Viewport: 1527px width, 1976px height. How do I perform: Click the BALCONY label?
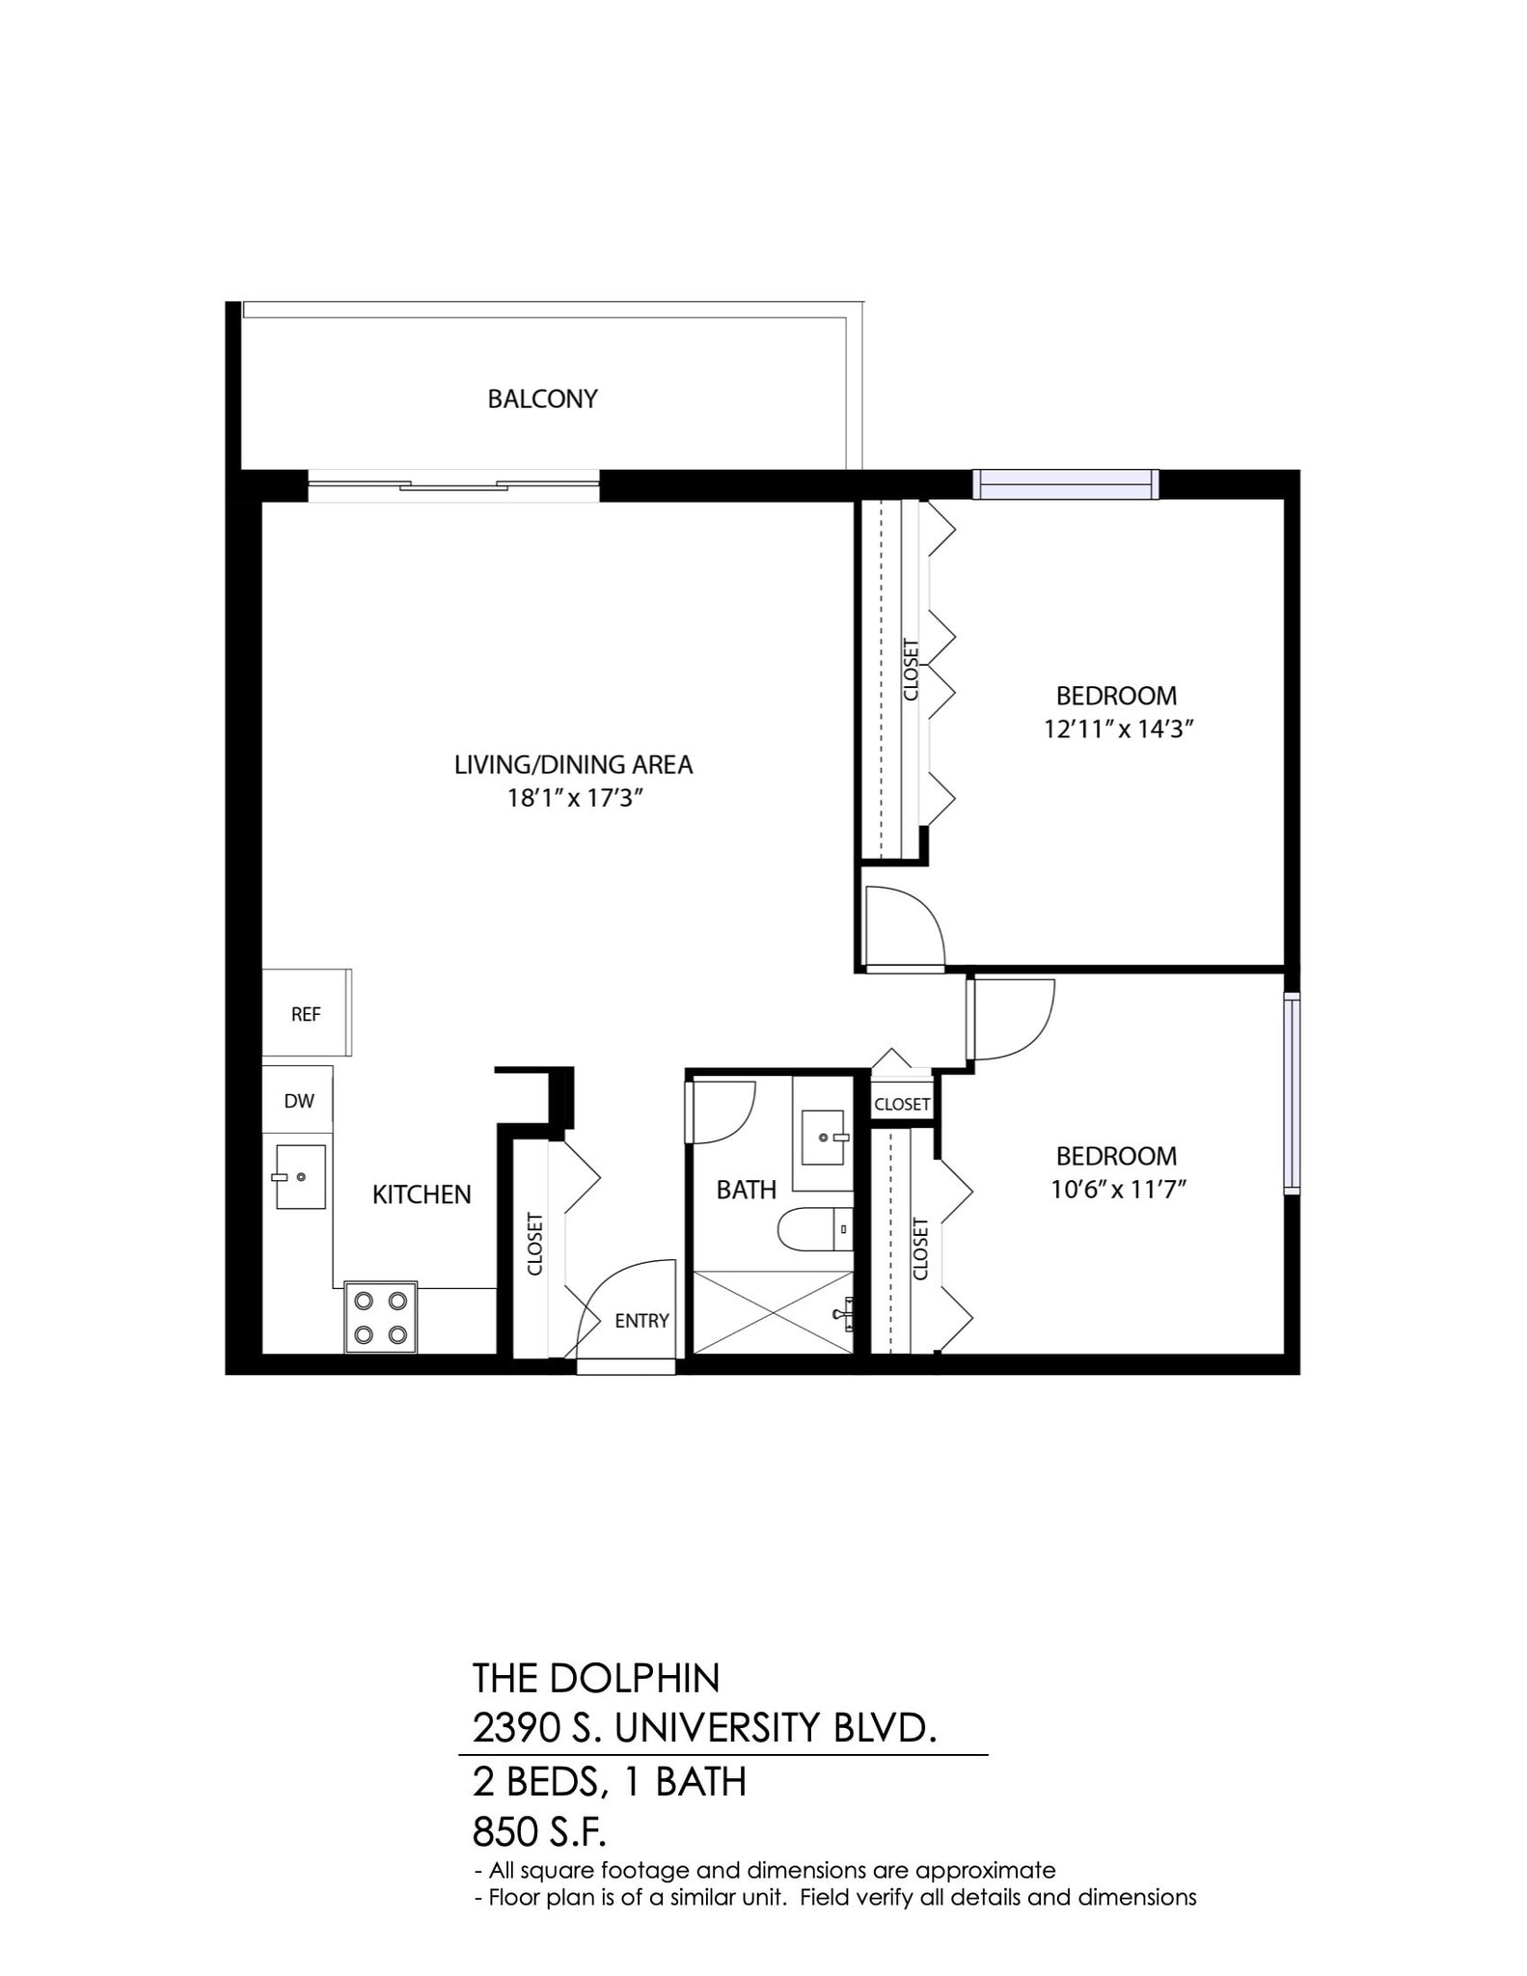542,398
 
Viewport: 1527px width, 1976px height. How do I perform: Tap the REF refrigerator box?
306,1014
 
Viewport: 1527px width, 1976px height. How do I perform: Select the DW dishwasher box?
299,1101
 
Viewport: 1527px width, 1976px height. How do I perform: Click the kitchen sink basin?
300,1177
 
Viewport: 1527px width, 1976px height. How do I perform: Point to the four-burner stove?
380,1317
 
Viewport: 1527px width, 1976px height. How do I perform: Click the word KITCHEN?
422,1194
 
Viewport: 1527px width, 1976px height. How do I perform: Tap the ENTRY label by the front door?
641,1321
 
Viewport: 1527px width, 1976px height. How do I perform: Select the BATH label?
746,1190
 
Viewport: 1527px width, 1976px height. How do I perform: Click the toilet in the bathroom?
815,1229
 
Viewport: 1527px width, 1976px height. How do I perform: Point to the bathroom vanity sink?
823,1138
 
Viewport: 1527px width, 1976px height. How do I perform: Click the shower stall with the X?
773,1312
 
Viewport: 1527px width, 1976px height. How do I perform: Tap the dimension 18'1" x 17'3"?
575,799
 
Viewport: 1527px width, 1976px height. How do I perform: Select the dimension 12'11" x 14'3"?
1118,729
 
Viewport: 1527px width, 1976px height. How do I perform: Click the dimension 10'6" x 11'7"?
1118,1190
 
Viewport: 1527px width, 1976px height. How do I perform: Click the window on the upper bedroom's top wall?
1065,483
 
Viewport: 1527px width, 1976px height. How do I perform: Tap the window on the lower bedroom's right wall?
1292,1093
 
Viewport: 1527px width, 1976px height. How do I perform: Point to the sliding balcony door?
453,485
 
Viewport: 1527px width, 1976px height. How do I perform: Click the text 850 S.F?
539,1830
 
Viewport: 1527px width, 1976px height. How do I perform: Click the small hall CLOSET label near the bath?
902,1104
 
